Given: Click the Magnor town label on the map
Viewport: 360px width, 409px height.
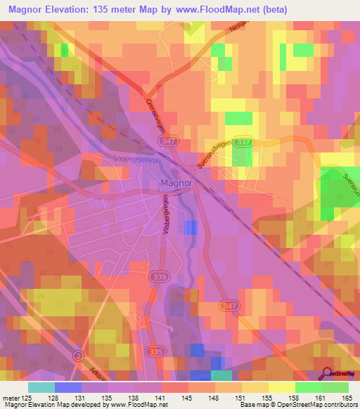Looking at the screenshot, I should pos(176,184).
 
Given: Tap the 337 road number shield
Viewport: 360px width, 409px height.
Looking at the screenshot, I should pos(243,142).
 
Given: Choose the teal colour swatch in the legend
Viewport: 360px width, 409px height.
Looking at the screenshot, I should pos(41,387).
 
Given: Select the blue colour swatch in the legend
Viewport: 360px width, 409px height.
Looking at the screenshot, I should pos(68,387).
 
